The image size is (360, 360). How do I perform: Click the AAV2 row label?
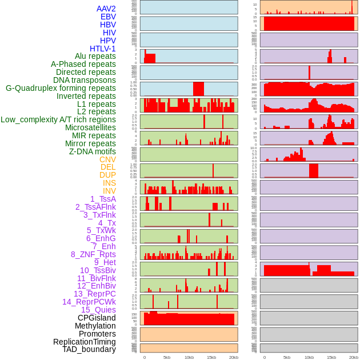106,9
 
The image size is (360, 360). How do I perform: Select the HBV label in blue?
108,25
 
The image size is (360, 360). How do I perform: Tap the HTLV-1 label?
103,49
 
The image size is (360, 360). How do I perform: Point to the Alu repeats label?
95,56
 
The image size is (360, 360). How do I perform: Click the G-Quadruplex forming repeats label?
61,88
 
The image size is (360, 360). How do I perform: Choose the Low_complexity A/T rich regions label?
58,119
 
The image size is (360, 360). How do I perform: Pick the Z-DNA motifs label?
93,151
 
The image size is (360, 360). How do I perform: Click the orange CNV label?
107,159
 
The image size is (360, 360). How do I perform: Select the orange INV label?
109,191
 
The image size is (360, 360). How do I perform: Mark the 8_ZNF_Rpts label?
93,254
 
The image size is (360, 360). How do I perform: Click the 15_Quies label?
98,310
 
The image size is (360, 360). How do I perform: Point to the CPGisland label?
97,318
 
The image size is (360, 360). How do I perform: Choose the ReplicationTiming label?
85,342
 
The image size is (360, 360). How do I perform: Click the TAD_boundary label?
89,349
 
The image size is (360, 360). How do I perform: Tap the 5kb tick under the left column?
167,357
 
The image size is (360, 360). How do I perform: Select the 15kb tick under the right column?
331,357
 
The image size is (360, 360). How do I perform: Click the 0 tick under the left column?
145,357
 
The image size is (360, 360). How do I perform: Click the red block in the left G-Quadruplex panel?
198,89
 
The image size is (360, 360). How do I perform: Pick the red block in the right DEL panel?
314,171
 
